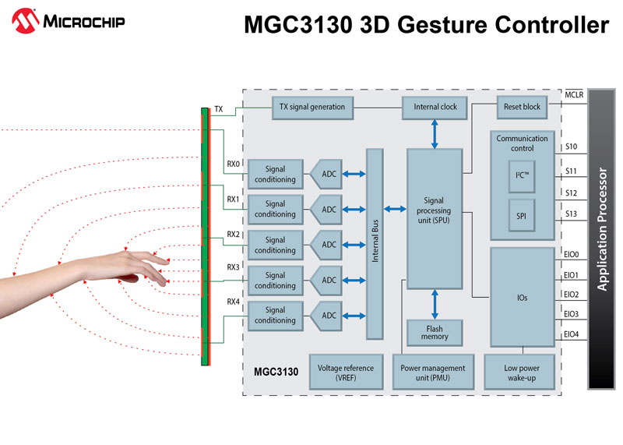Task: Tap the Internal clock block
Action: pyautogui.click(x=435, y=107)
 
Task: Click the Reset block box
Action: pyautogui.click(x=522, y=107)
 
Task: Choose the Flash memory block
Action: pyautogui.click(x=435, y=332)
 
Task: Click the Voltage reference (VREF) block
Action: pyautogui.click(x=347, y=373)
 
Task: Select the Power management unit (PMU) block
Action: pyautogui.click(x=433, y=373)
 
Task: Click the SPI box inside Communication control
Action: pyautogui.click(x=522, y=214)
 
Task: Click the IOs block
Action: pyautogui.click(x=522, y=298)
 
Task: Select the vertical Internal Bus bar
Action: pyautogui.click(x=375, y=243)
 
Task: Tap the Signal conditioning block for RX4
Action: pyautogui.click(x=275, y=315)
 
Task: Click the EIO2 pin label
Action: pyautogui.click(x=571, y=294)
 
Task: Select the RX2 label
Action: pyautogui.click(x=233, y=234)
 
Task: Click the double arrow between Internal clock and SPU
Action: pyautogui.click(x=435, y=134)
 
